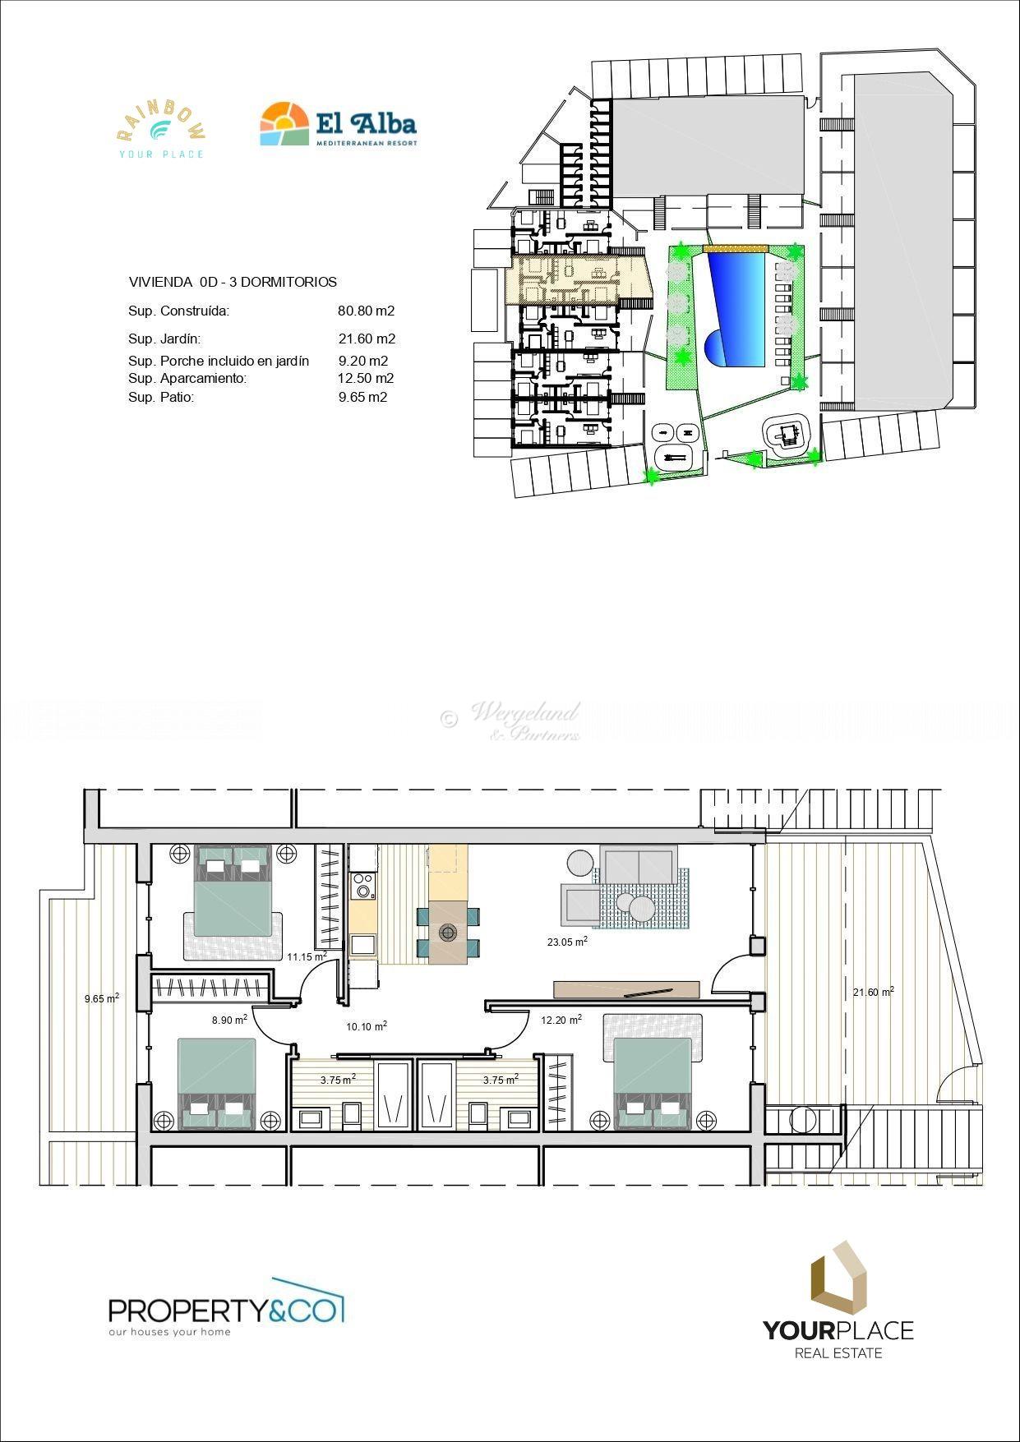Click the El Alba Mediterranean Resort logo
click(x=338, y=124)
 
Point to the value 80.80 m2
click(x=367, y=311)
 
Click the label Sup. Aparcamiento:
click(x=187, y=379)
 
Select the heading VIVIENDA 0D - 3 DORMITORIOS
click(x=233, y=282)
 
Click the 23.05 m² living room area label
click(x=567, y=942)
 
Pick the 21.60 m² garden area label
click(x=873, y=992)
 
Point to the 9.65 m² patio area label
click(x=102, y=998)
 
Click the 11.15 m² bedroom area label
click(x=307, y=956)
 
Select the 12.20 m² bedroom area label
click(x=561, y=1020)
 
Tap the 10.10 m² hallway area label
click(x=367, y=1026)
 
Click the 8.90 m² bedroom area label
click(x=229, y=1020)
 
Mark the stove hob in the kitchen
click(x=362, y=886)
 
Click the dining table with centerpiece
click(x=448, y=932)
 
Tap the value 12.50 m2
click(x=366, y=379)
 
